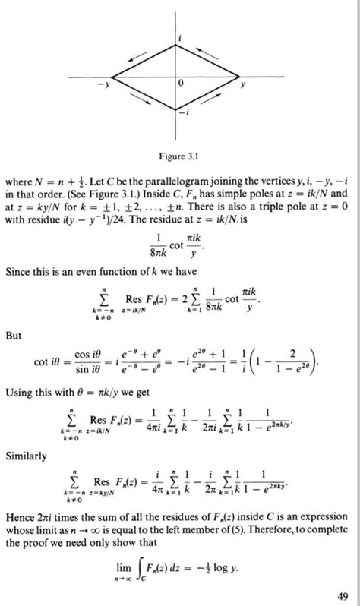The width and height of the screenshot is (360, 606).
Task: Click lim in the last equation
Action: point(138,565)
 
